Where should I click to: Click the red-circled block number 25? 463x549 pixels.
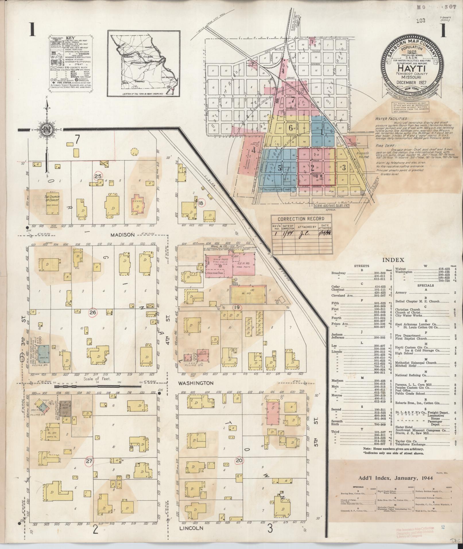point(98,176)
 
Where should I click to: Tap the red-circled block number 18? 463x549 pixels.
point(201,203)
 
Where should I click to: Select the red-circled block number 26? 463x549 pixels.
point(94,313)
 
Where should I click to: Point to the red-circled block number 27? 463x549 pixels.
point(90,461)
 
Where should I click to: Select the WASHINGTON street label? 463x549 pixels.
point(195,383)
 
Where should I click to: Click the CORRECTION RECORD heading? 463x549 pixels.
point(301,219)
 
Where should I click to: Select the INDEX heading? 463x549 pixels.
point(393,260)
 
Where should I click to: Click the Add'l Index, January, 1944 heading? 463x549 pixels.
point(396,478)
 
